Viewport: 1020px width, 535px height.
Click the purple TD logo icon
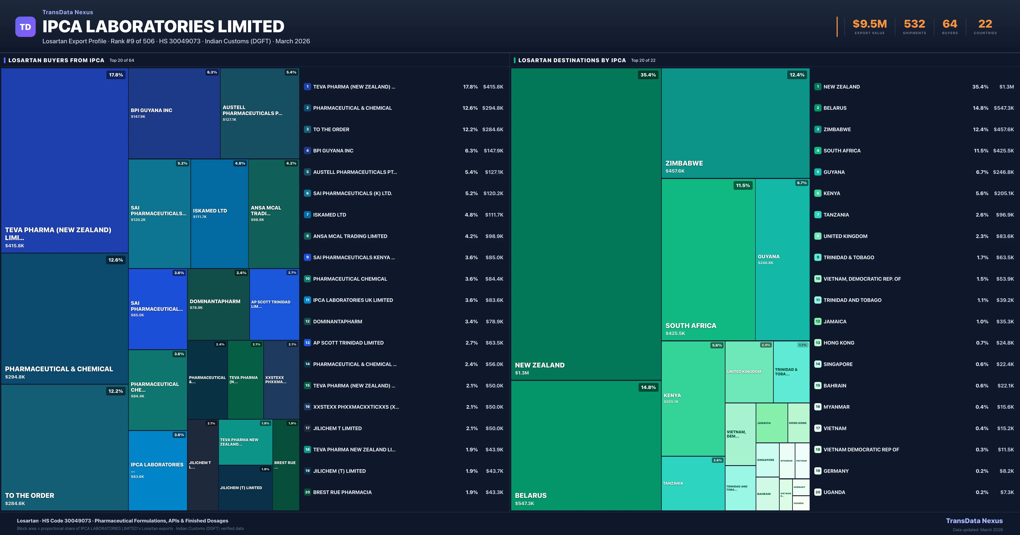click(x=25, y=27)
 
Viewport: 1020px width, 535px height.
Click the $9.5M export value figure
click(x=870, y=24)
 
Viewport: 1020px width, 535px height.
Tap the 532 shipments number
click(x=914, y=24)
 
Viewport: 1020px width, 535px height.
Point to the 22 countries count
click(x=985, y=24)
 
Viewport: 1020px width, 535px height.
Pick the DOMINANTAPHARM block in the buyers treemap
click(x=218, y=304)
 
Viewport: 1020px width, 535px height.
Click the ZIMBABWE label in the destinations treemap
click(x=684, y=163)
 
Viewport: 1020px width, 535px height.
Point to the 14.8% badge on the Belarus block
click(x=648, y=387)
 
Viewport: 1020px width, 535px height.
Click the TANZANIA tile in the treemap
click(x=693, y=483)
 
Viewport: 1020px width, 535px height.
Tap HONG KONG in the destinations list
click(x=839, y=343)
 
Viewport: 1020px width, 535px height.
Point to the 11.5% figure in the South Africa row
click(x=981, y=151)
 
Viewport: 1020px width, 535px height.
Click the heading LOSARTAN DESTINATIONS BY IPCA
click(x=572, y=60)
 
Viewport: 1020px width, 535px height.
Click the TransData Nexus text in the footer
click(x=974, y=521)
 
